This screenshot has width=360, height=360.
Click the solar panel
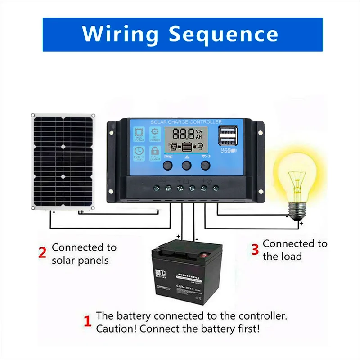click(63, 161)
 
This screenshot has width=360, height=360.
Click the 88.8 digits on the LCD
click(184, 134)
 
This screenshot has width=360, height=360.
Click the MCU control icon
click(139, 134)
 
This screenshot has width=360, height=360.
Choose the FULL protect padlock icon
click(155, 152)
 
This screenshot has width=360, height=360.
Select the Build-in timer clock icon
click(139, 152)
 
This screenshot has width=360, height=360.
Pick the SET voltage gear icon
click(155, 134)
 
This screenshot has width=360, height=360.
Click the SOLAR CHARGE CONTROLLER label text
click(186, 122)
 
